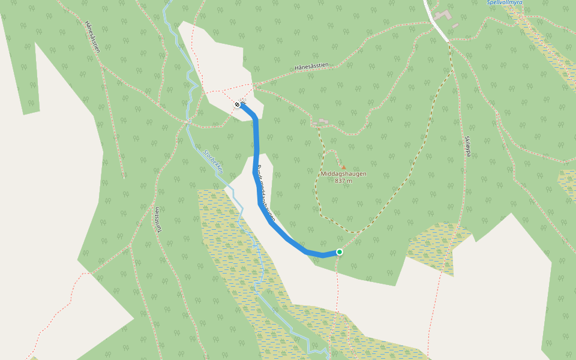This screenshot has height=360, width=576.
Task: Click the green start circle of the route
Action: coord(340,252)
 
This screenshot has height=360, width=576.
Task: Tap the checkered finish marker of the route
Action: coord(237,105)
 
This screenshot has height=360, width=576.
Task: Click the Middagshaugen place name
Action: coord(343,174)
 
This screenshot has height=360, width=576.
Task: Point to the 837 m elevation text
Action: coord(343,181)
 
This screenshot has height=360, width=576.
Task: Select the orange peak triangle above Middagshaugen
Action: coord(343,167)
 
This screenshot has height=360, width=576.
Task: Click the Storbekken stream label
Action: coord(214,161)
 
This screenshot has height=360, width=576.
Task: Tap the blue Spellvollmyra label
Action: coord(505,2)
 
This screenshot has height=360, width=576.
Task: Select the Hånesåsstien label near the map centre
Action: coord(312,68)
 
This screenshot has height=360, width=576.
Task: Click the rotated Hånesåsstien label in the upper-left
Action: coord(92,37)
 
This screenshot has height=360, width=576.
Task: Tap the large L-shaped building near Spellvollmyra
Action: coord(443,14)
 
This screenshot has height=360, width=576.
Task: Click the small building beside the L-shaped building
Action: coord(455,26)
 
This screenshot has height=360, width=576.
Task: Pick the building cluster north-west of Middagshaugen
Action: coord(322,122)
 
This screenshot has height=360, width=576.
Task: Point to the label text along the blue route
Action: coord(264,192)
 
